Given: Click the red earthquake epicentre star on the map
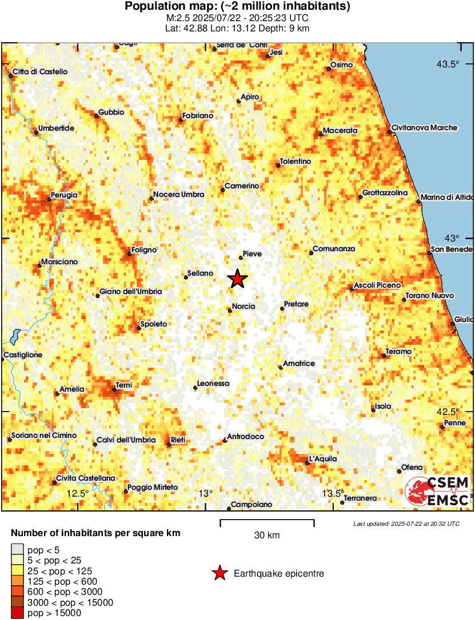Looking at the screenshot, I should (x=238, y=279).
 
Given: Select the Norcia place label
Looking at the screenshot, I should (x=244, y=307).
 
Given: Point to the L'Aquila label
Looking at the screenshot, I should (x=323, y=458).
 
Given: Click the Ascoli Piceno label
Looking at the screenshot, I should (x=377, y=285).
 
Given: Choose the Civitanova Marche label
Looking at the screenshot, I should (x=425, y=128).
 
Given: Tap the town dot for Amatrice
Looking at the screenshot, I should (x=281, y=367).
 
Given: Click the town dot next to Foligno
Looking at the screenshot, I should (x=130, y=253).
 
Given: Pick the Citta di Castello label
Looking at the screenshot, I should (x=40, y=71).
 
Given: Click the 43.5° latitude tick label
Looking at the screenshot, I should (x=448, y=64).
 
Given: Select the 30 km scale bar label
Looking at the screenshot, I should (x=267, y=536).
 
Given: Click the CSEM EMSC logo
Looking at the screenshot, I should (x=437, y=491).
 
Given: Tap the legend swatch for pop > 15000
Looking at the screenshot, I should (x=18, y=613).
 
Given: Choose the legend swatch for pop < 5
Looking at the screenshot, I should (x=18, y=550).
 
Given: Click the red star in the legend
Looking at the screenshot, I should (x=219, y=574).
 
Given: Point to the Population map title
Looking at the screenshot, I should (x=237, y=7).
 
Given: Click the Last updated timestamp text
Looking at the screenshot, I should (x=406, y=523).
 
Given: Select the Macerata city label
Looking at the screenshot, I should (x=340, y=131).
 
